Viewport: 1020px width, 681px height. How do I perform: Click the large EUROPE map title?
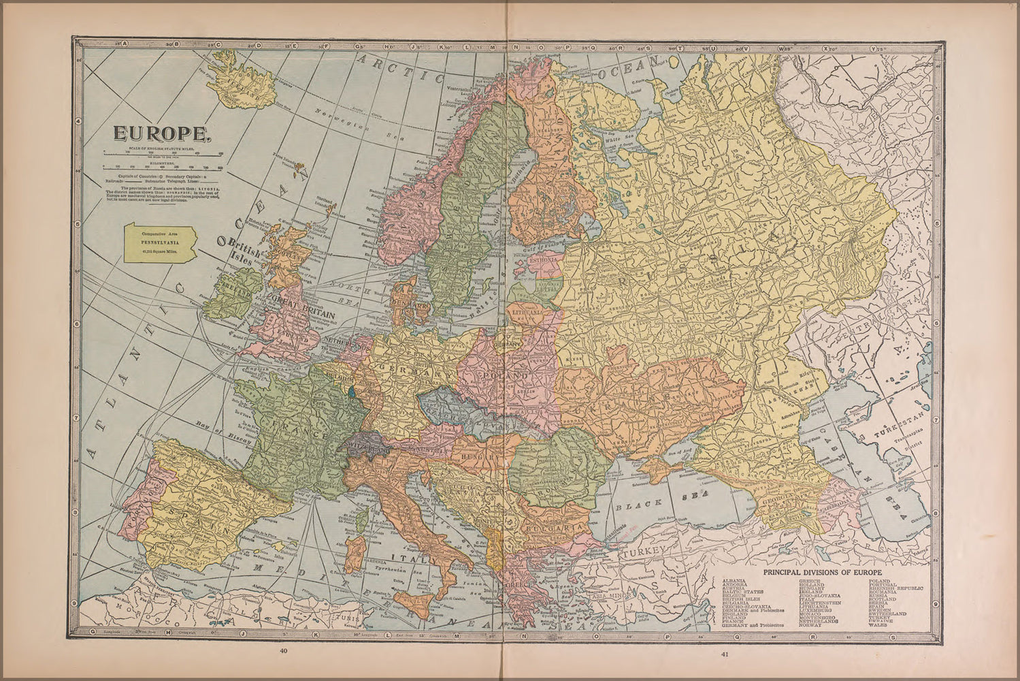[x=163, y=133]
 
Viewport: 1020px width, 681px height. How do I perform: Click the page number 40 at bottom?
[x=284, y=651]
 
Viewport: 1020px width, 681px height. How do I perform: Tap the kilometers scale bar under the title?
[x=162, y=165]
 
